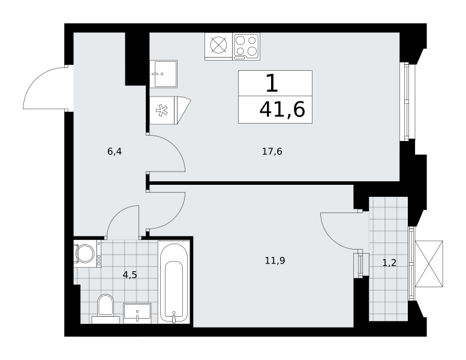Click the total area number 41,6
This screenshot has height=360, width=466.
[282, 109]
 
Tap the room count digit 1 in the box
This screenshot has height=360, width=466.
[272, 83]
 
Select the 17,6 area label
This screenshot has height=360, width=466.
[272, 152]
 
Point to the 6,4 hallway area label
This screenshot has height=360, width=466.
[115, 152]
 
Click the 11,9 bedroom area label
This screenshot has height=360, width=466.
[275, 261]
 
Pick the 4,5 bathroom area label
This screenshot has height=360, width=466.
[130, 275]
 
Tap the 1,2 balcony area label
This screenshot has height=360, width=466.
[389, 263]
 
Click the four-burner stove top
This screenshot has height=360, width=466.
[246, 46]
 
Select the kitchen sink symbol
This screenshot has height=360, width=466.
[164, 74]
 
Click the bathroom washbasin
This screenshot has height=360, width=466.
[137, 313]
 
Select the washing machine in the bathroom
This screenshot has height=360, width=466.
[87, 254]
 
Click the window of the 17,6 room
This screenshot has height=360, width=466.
[404, 101]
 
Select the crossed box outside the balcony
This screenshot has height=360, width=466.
[429, 264]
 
